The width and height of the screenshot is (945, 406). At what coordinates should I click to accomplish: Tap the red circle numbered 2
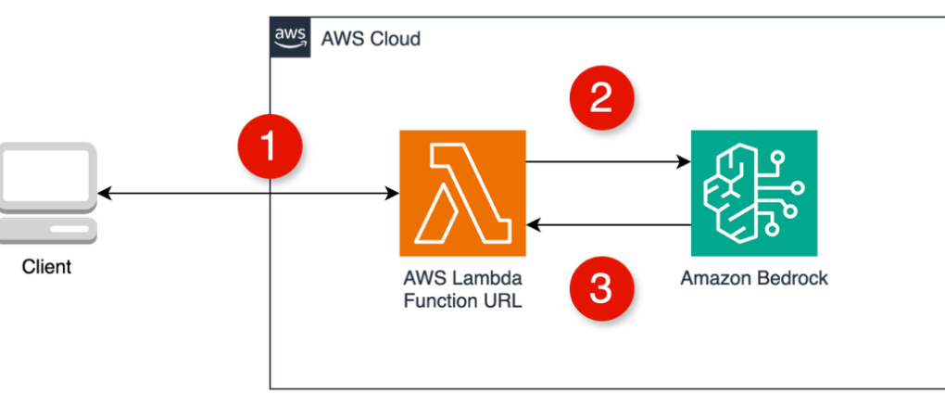pyautogui.click(x=601, y=97)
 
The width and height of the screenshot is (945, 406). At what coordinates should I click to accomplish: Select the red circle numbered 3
pyautogui.click(x=601, y=287)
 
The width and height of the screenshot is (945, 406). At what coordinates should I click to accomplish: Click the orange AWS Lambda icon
pyautogui.click(x=462, y=193)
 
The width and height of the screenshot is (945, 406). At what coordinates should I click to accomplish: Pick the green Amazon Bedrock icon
pyautogui.click(x=753, y=193)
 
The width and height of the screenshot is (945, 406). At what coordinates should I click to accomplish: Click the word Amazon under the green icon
pyautogui.click(x=713, y=278)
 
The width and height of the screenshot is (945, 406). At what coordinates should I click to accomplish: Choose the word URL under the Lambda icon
pyautogui.click(x=500, y=300)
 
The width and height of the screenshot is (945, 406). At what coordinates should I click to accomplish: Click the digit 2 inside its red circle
pyautogui.click(x=601, y=97)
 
